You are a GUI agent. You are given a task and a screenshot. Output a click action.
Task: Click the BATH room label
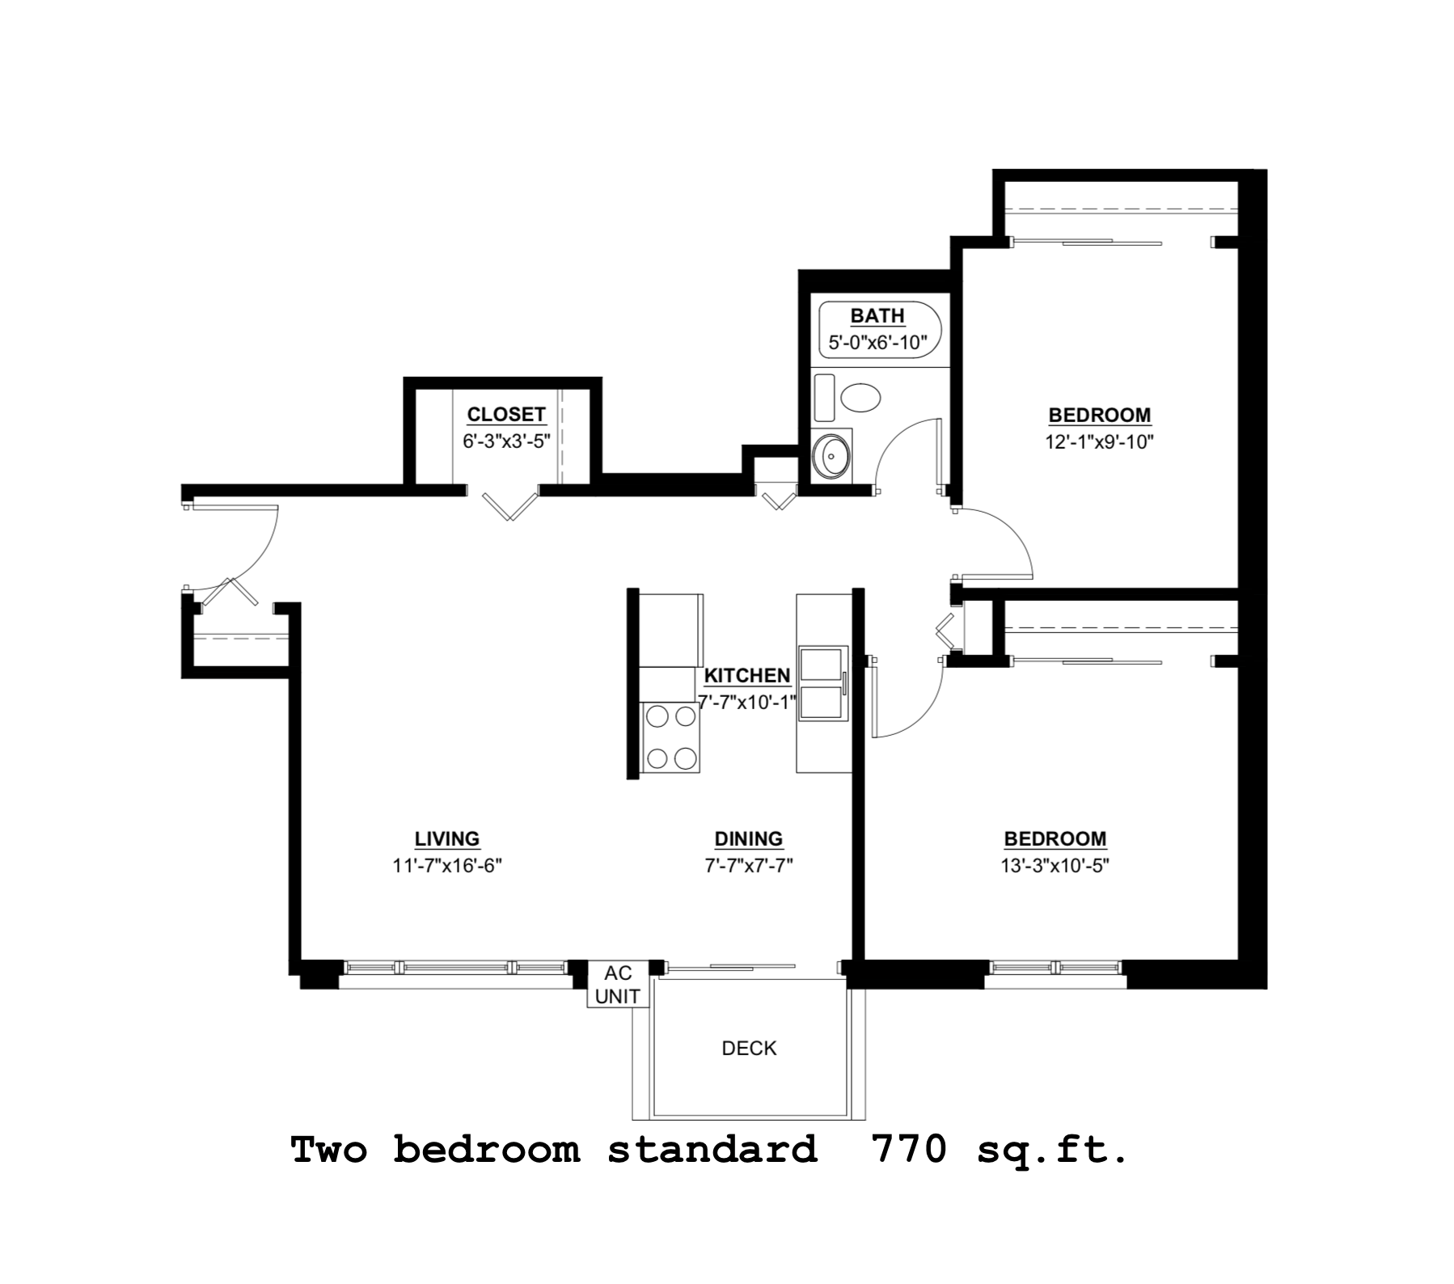(877, 316)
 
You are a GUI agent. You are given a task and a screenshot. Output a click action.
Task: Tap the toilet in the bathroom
(859, 398)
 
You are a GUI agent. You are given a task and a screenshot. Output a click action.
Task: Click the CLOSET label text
(506, 415)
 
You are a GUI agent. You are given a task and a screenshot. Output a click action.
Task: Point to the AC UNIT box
(617, 984)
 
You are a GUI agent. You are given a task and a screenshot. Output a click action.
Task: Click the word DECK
(749, 1049)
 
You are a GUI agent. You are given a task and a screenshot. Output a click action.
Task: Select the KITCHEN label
(746, 676)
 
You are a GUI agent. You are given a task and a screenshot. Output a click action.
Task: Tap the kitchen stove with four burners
(670, 737)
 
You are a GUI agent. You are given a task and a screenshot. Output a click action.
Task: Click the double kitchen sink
(822, 683)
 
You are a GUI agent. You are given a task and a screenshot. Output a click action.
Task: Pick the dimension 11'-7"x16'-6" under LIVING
(447, 866)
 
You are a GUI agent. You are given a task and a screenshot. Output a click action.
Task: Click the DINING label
(748, 839)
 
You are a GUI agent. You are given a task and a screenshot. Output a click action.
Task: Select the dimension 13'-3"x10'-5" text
(1055, 866)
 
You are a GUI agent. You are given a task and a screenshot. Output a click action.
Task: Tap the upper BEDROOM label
(1099, 416)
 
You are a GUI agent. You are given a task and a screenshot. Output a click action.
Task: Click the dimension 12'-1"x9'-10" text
(1098, 442)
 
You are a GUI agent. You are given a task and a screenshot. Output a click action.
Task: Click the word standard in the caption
(712, 1150)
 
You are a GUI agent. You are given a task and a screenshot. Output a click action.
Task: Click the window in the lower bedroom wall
(1055, 967)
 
